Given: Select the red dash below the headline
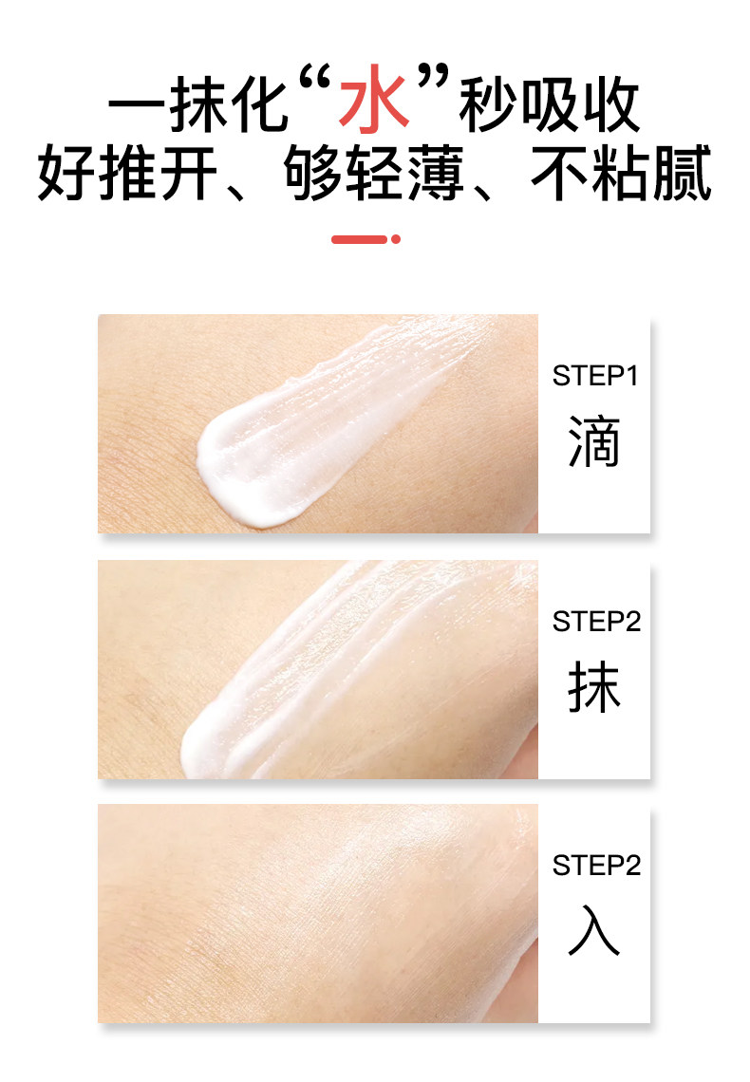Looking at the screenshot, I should click(359, 239).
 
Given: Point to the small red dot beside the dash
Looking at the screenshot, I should click(396, 239).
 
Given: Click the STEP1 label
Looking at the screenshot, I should click(595, 376).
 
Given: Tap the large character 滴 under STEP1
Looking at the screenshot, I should click(594, 442).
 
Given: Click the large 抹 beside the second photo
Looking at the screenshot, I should click(594, 688).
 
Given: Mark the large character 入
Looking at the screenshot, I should click(594, 931).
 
